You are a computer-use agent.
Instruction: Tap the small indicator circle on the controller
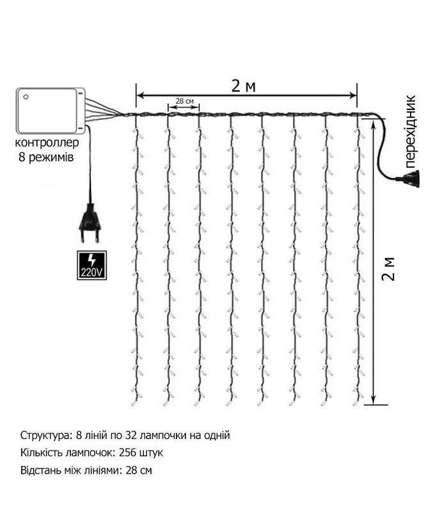click(26, 97)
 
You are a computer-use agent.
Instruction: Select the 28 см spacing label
click(184, 101)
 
